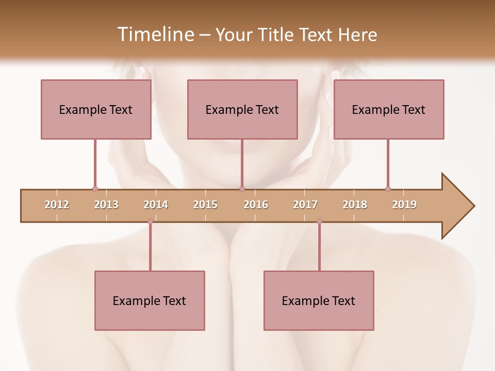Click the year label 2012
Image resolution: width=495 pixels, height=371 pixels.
tap(57, 205)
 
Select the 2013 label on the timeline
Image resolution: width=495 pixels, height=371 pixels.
tap(106, 205)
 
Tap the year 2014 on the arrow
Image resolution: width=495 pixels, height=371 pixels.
tap(156, 205)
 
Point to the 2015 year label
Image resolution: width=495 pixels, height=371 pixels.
tap(205, 205)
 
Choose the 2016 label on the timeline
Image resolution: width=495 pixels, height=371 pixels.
tap(256, 205)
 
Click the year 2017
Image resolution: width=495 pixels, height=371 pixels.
tap(305, 205)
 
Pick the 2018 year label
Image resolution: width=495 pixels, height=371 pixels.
tap(355, 205)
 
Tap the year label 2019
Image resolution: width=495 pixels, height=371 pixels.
tap(404, 205)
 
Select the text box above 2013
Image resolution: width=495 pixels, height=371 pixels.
tap(96, 109)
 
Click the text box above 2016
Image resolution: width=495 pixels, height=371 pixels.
tap(242, 109)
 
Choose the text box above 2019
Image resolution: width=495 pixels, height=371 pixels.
tap(389, 109)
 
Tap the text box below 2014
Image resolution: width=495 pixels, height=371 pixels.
tap(150, 300)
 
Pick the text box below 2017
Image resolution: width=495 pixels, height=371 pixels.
tap(319, 300)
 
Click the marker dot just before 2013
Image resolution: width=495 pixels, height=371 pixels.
tap(95, 189)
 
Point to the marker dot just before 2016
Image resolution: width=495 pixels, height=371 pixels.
tap(242, 189)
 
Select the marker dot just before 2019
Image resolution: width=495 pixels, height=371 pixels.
tap(388, 189)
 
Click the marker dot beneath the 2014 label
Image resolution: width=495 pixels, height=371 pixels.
tap(150, 222)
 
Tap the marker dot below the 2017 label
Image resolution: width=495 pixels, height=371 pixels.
tap(319, 222)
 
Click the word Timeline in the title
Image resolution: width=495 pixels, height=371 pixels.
tap(155, 35)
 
